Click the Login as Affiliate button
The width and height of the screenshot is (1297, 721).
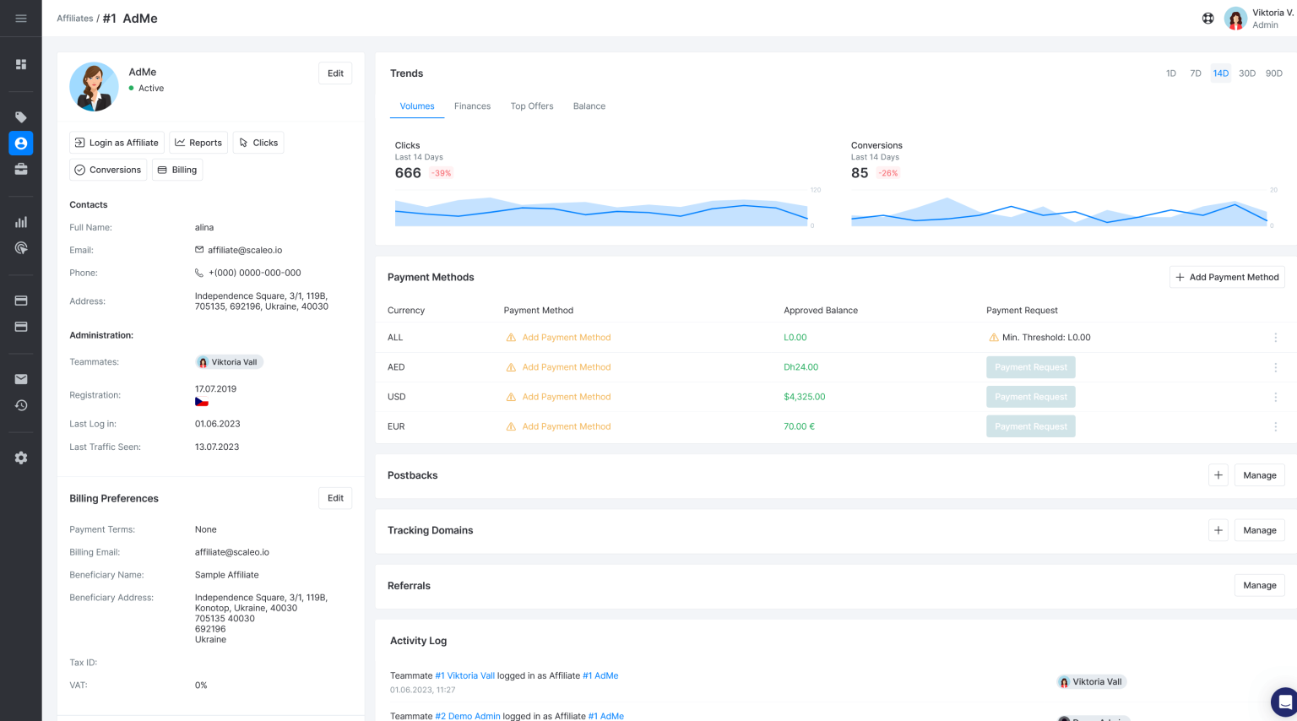point(116,143)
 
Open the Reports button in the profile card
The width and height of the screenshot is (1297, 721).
point(198,143)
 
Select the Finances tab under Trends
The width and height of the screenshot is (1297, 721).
point(472,106)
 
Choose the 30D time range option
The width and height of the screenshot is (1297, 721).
point(1246,73)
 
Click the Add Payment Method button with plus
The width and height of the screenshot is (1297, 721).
point(1227,277)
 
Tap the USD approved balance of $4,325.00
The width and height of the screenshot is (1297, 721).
point(804,397)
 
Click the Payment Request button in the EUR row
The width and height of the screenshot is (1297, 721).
point(1030,426)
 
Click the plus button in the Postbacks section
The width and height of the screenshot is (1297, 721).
point(1218,475)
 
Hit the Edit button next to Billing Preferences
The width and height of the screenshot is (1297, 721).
point(335,498)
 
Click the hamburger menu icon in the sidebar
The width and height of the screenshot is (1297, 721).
point(21,19)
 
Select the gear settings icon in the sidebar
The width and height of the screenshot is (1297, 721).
point(21,458)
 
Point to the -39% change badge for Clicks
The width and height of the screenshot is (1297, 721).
point(441,173)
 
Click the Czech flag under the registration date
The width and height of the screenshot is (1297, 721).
point(202,402)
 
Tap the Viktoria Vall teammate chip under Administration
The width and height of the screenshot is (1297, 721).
point(228,362)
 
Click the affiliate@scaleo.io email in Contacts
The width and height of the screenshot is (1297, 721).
point(244,250)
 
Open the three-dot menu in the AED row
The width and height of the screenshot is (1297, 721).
point(1275,367)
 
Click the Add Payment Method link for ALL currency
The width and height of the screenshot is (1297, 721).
point(566,338)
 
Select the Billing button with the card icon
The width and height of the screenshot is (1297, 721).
point(177,170)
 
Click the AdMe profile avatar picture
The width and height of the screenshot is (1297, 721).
point(94,86)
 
